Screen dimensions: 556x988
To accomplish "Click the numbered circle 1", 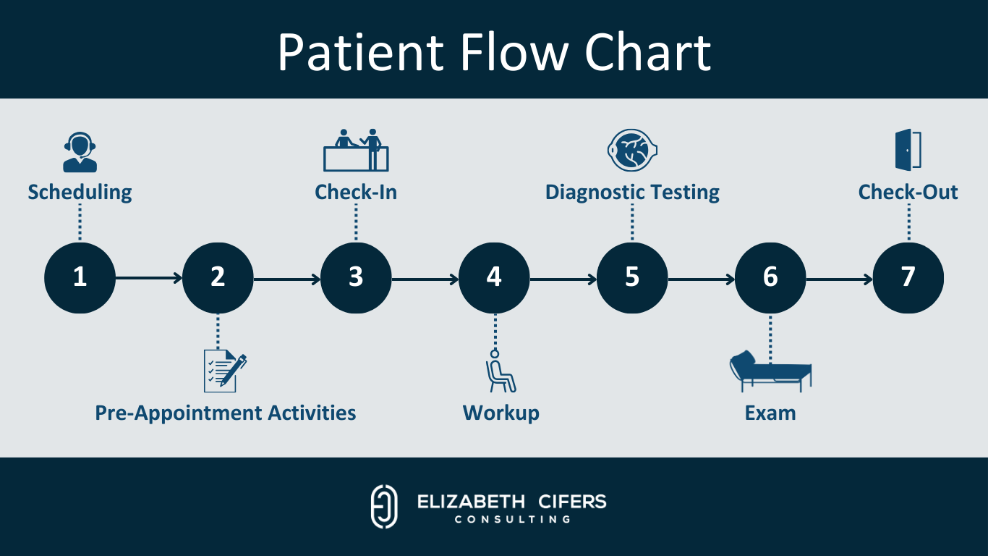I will coord(80,278).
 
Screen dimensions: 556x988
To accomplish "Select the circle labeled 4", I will coord(494,278).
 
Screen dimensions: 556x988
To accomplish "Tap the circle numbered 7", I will coord(908,278).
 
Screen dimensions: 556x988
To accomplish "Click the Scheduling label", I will coord(80,193).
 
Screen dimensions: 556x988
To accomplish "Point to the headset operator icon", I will coord(80,153).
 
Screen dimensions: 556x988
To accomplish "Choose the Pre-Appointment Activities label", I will coord(226,413).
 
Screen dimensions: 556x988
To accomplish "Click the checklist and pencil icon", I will coord(224,371).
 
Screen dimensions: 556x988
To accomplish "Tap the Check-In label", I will coord(356,193).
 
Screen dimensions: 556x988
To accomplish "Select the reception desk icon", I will coord(356,150).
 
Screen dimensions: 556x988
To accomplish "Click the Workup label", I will coord(501,413).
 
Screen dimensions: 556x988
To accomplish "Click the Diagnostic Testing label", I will coord(632,193).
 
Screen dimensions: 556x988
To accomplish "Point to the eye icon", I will coord(631,151).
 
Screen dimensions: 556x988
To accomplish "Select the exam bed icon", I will coord(770,371).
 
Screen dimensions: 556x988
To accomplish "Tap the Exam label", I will coord(770,413).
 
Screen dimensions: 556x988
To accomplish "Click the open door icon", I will coord(908,151).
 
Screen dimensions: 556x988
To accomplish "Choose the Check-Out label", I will coord(908,193).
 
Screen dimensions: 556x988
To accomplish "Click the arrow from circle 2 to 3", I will coord(286,278).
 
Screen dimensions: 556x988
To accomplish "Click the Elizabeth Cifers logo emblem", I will coord(384,506).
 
